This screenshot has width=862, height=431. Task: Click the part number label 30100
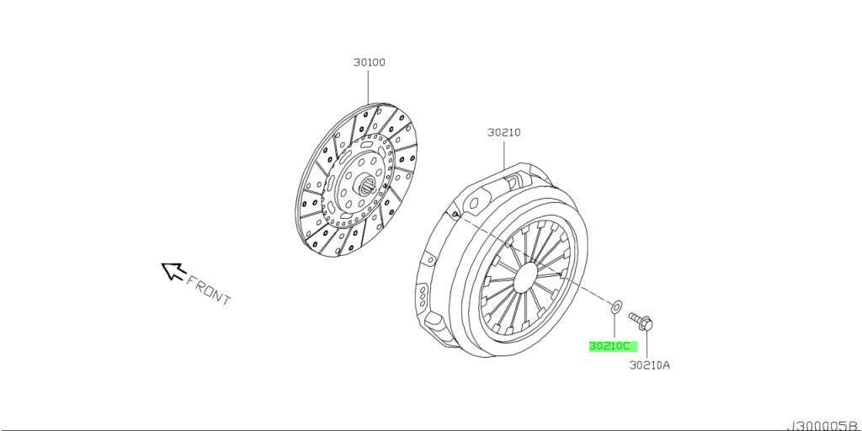tap(369, 62)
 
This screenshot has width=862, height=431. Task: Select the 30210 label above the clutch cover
tap(503, 132)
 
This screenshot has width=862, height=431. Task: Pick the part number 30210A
tap(649, 364)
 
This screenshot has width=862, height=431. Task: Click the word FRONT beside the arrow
tap(208, 290)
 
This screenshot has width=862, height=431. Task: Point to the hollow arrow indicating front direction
tap(173, 270)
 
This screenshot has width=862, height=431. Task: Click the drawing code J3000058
tap(822, 425)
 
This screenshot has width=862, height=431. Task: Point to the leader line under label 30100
tap(369, 88)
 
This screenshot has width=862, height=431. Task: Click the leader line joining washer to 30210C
tap(615, 326)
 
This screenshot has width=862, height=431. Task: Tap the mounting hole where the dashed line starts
tap(455, 216)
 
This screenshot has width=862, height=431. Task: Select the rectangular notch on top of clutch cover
tap(513, 178)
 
